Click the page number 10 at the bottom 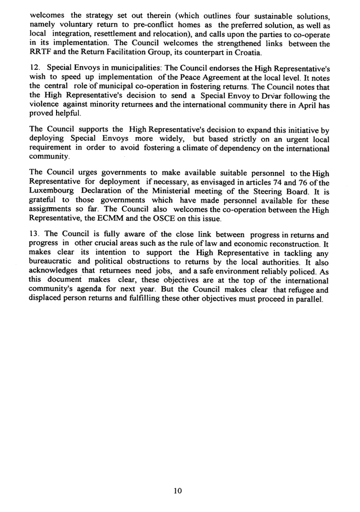[x=178, y=491]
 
